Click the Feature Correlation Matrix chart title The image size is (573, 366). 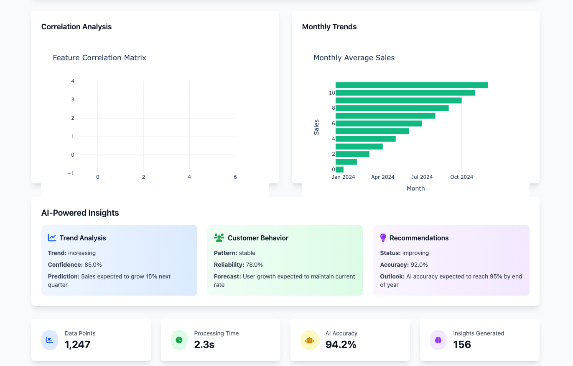[99, 58]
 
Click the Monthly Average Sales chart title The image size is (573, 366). [354, 58]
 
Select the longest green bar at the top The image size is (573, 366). [411, 85]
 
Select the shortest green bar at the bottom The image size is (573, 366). [339, 170]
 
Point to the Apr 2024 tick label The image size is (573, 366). [382, 177]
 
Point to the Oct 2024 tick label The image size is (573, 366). [461, 177]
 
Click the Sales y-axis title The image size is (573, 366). [316, 127]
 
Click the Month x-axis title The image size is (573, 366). [415, 188]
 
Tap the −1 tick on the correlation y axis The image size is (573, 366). [71, 173]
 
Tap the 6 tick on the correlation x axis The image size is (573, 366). [235, 177]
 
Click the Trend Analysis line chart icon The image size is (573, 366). [52, 238]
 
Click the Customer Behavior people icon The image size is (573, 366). [219, 238]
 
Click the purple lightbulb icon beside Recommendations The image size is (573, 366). [383, 238]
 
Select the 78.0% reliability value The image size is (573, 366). [254, 265]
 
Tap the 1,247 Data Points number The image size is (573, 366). [77, 345]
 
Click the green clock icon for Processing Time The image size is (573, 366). [179, 340]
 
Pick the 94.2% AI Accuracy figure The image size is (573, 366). [341, 345]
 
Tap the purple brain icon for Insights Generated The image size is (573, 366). [438, 340]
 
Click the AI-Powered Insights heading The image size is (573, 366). [80, 213]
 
